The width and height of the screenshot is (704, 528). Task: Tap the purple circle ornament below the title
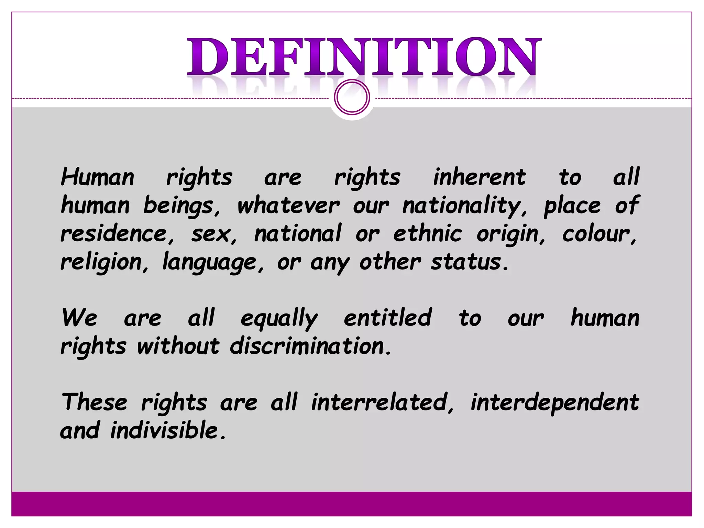352,97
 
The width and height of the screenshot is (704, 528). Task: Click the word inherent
479,177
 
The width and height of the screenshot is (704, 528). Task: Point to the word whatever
288,206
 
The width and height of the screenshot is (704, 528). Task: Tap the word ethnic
427,234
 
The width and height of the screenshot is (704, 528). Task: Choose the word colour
599,234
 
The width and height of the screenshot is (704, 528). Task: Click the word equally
279,318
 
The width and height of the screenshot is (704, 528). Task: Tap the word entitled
387,318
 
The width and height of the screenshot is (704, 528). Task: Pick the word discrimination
310,346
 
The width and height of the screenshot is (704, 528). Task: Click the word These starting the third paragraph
95,402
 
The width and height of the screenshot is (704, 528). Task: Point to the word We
80,318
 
